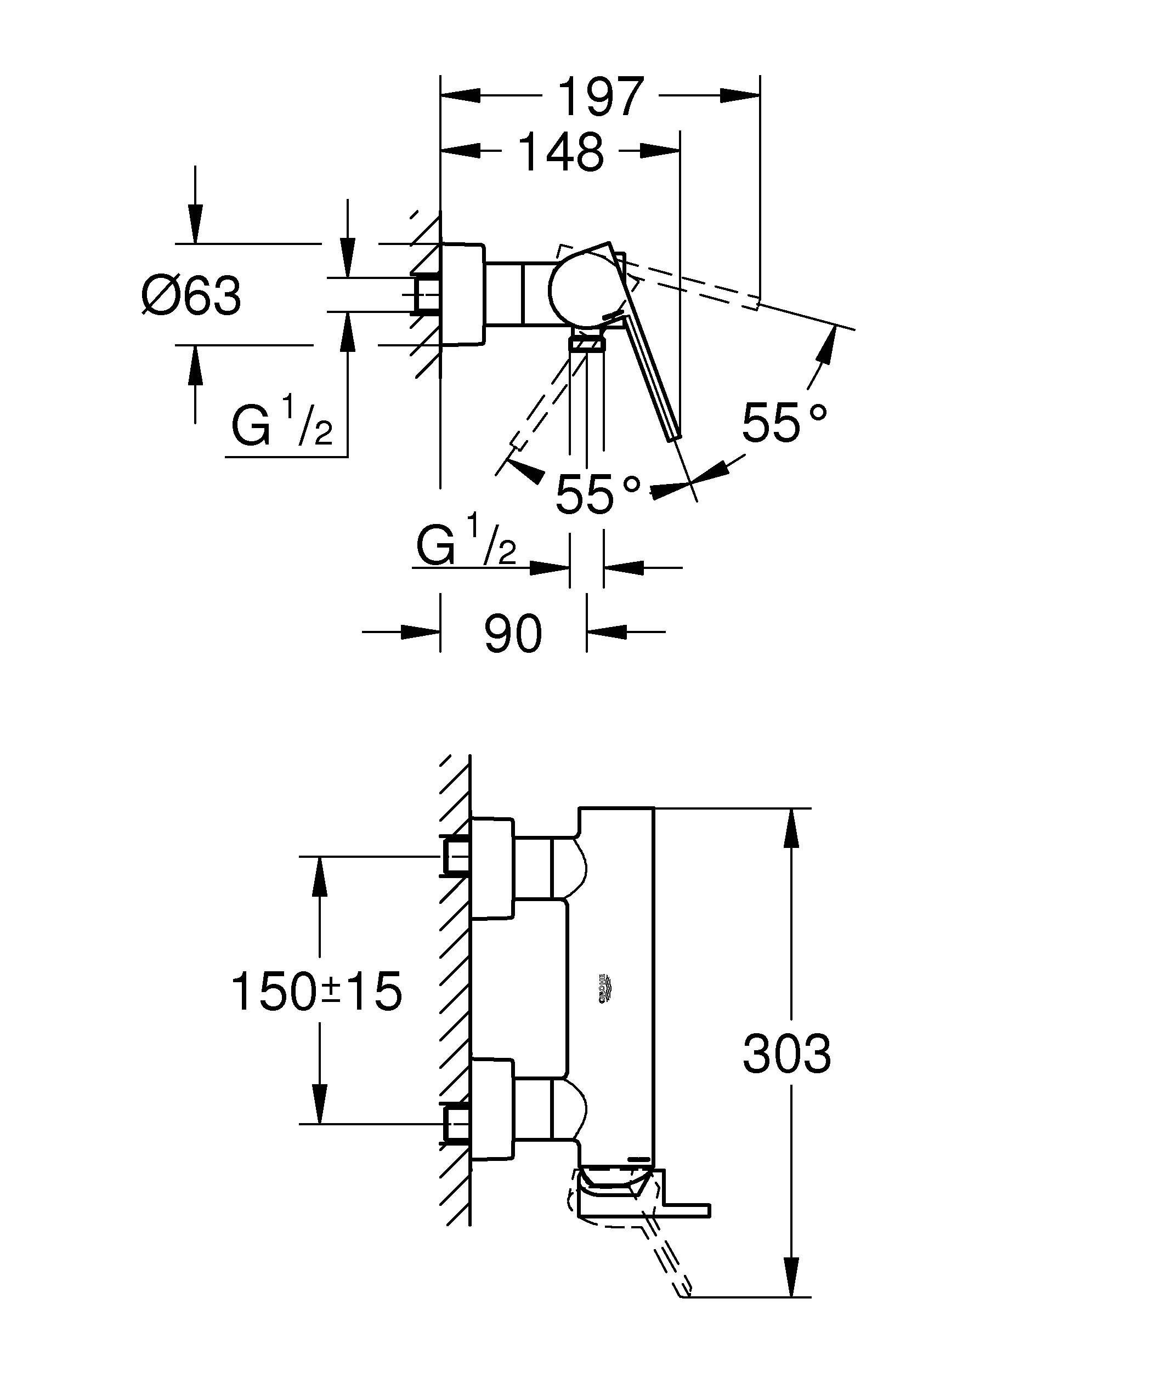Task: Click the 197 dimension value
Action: click(601, 97)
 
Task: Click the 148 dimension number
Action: click(561, 153)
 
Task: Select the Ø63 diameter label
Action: click(192, 296)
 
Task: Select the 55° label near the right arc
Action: click(783, 422)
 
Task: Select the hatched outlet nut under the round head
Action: click(586, 343)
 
